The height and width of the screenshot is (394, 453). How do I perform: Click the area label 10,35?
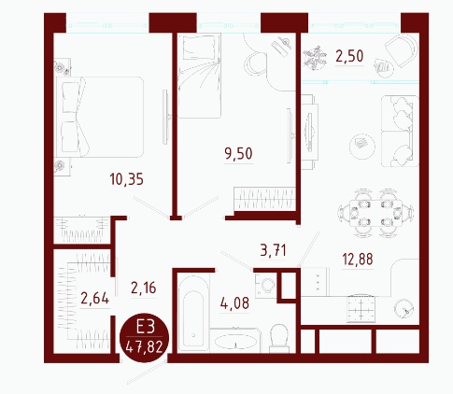pyautogui.click(x=126, y=179)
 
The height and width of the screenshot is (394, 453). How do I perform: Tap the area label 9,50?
pyautogui.click(x=238, y=154)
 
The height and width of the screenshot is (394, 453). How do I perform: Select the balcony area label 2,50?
pyautogui.click(x=349, y=57)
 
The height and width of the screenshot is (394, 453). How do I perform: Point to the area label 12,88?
pyautogui.click(x=358, y=260)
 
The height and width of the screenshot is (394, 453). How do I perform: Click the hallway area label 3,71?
pyautogui.click(x=273, y=250)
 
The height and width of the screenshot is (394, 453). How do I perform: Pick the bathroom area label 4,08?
pyautogui.click(x=234, y=303)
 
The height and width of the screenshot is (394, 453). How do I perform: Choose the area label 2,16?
pyautogui.click(x=144, y=288)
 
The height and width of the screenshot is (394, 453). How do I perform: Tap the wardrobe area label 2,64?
pyautogui.click(x=95, y=298)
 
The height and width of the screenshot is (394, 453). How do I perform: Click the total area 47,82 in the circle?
pyautogui.click(x=145, y=347)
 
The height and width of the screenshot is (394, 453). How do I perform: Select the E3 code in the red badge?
pyautogui.click(x=145, y=328)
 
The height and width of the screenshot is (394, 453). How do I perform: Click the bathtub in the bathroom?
pyautogui.click(x=193, y=314)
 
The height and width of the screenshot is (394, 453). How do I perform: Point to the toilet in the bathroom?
pyautogui.click(x=279, y=339)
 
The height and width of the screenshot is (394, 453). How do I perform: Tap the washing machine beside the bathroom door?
pyautogui.click(x=265, y=286)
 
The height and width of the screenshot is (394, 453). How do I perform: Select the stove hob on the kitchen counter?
pyautogui.click(x=361, y=309)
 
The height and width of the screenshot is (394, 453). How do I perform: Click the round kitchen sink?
pyautogui.click(x=403, y=308)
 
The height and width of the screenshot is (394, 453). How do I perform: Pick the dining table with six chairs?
pyautogui.click(x=375, y=213)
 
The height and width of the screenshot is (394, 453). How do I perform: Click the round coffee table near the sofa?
pyautogui.click(x=362, y=146)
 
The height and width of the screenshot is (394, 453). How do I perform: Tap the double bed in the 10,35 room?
pyautogui.click(x=99, y=117)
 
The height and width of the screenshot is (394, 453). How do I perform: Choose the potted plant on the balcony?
pyautogui.click(x=315, y=57)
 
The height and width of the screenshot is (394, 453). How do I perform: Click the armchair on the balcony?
pyautogui.click(x=402, y=49)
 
